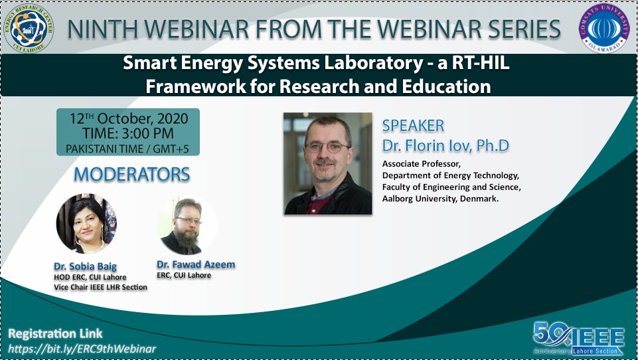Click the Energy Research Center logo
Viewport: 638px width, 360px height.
pos(29,28)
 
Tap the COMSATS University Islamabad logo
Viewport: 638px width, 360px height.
pos(604,28)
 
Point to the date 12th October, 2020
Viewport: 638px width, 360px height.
pos(129,118)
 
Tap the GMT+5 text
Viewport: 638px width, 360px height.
pos(171,149)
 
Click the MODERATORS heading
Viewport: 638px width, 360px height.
pos(132,174)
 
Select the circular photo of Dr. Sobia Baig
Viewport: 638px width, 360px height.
pos(86,224)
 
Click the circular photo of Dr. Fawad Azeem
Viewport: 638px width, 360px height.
pos(187,226)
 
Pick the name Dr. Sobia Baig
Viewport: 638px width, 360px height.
pos(86,266)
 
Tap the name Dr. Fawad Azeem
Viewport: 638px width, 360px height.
pos(196,264)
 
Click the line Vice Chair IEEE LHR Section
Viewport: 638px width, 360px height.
pos(100,287)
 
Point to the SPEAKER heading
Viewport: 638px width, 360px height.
pos(413,126)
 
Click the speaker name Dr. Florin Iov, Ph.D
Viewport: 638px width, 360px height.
pos(445,145)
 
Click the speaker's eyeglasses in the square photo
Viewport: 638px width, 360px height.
pos(327,147)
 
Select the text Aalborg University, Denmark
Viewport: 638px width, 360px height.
pos(440,199)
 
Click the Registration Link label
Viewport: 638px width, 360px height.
pos(55,333)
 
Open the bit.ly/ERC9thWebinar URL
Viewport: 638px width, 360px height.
pos(82,349)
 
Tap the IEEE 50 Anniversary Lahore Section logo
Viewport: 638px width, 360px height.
pos(579,338)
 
